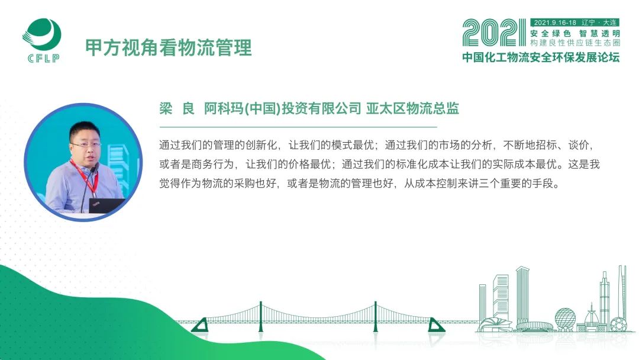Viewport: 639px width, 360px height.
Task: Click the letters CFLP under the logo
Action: [44, 58]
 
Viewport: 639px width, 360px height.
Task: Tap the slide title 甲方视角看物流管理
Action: [168, 47]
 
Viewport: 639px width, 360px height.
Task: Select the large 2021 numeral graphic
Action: [494, 33]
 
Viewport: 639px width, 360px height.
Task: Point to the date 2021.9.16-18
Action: [554, 22]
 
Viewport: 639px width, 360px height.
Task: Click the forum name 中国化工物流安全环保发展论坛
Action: [541, 57]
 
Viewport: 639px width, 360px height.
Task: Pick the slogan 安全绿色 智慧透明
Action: [575, 33]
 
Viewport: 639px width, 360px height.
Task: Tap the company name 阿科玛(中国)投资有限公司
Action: [282, 108]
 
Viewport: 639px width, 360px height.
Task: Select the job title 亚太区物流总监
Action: [412, 108]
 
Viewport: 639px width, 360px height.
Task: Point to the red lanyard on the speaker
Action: [84, 176]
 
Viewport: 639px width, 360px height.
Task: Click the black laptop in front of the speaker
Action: [106, 205]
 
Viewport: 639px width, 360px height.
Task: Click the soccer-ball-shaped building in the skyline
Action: [618, 324]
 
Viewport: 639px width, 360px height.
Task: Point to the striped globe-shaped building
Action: [565, 318]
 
